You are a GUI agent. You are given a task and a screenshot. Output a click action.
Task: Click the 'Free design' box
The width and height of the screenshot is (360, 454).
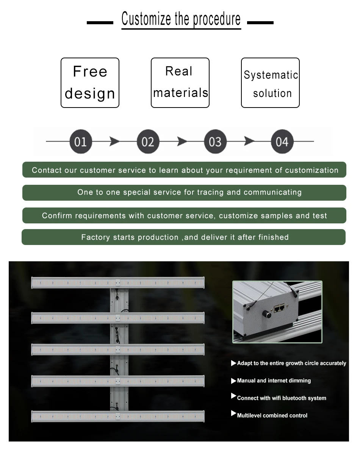[90, 83]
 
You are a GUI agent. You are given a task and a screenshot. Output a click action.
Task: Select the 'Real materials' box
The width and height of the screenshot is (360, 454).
[180, 83]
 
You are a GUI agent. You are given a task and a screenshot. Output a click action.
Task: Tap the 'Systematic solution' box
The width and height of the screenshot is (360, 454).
[270, 83]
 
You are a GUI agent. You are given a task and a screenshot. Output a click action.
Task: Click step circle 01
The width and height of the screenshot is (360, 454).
[80, 142]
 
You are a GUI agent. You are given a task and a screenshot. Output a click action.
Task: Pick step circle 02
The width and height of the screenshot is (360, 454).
[147, 142]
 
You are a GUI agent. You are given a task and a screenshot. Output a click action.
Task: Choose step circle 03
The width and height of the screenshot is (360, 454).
[215, 142]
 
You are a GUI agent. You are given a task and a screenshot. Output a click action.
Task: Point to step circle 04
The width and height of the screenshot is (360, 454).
[282, 142]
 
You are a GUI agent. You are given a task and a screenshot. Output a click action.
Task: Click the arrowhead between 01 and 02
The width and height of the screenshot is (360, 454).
[114, 142]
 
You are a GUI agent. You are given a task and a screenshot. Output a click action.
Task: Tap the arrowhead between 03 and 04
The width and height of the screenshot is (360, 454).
[249, 142]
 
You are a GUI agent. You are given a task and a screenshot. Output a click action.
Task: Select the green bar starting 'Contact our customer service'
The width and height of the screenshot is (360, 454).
[184, 170]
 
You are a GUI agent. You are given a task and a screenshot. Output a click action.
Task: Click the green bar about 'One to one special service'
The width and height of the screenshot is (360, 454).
[184, 192]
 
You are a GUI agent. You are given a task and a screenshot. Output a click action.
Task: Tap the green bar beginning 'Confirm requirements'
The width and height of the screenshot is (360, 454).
[184, 215]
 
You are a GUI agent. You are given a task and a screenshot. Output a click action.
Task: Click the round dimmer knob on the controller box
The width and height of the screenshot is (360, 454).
[267, 314]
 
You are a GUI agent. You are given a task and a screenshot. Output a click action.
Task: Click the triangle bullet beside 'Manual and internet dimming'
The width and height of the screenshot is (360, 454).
[233, 381]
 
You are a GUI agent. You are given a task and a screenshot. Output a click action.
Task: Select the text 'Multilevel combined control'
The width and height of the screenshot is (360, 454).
[272, 415]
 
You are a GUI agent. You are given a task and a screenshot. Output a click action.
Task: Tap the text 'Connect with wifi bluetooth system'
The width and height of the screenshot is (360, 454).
[282, 398]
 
